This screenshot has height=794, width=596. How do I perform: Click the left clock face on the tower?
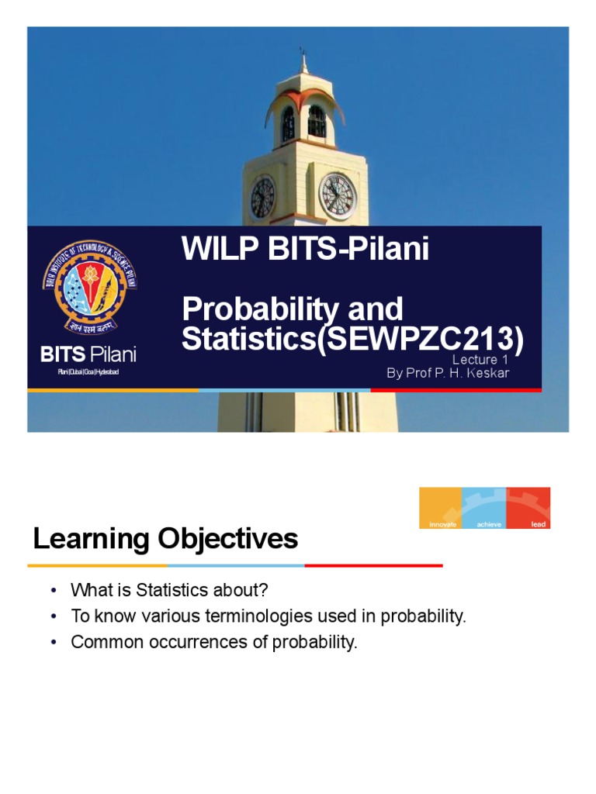[x=262, y=197]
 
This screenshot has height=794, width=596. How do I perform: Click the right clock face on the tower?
[x=338, y=195]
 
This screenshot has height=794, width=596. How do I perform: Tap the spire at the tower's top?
[x=304, y=62]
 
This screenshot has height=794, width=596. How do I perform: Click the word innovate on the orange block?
[x=440, y=524]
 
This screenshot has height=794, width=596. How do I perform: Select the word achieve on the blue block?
[x=489, y=524]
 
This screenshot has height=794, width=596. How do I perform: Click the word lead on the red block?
[x=538, y=524]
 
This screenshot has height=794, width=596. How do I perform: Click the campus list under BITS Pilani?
[x=88, y=373]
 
